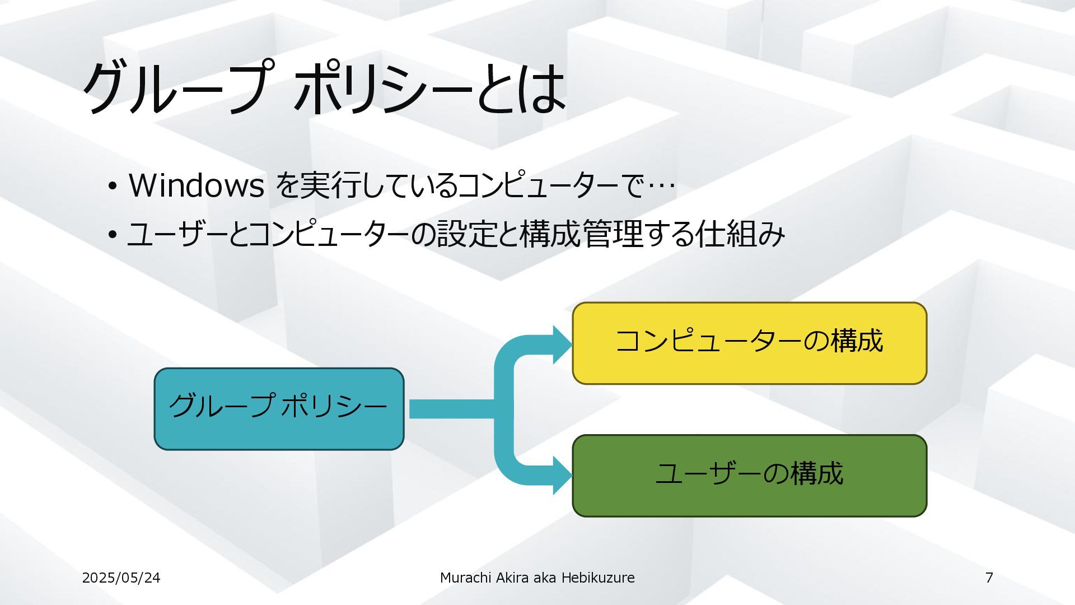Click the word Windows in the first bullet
tap(196, 185)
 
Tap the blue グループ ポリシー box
tap(279, 408)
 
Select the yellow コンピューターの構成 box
tap(749, 343)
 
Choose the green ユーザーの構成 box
tap(749, 475)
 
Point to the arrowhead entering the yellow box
tap(562, 345)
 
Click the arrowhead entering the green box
tap(562, 476)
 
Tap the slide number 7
tap(989, 578)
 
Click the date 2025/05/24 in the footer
tap(121, 578)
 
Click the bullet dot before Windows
tap(113, 186)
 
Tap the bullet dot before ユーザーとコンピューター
tap(113, 235)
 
